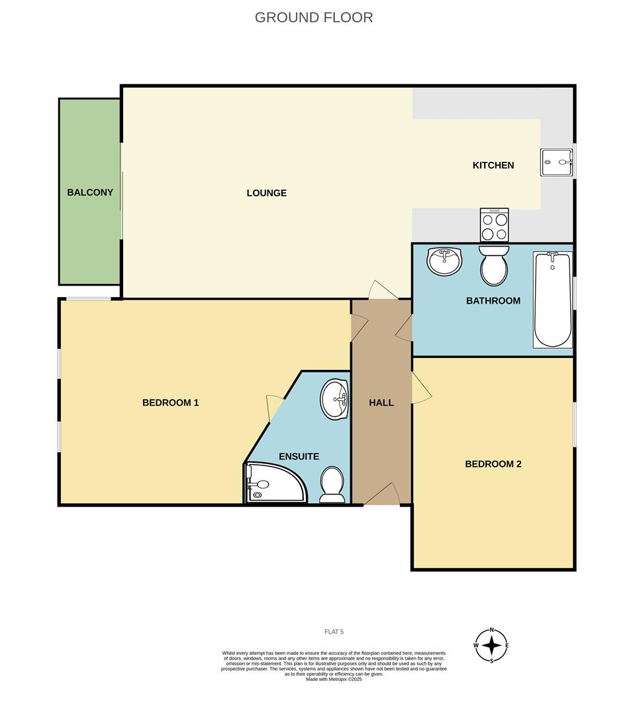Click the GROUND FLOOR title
tap(314, 17)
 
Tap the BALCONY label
tap(90, 192)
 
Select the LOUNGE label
tap(266, 193)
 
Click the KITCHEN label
tap(493, 165)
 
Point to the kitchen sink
tap(556, 162)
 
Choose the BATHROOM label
tap(493, 300)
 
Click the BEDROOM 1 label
tap(170, 402)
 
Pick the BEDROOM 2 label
tap(493, 463)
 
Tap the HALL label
tap(381, 402)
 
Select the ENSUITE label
tap(299, 456)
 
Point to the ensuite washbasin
tap(335, 399)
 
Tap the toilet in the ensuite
tap(331, 485)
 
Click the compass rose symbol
tap(491, 645)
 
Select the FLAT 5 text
tap(334, 631)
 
